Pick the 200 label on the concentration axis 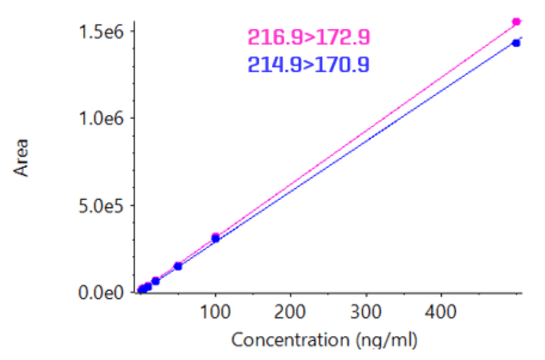pos(291,313)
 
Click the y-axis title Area pos(22,158)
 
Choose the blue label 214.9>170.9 pos(309,65)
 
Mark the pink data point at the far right pos(516,22)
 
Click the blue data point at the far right pos(516,43)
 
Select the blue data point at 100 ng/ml pos(215,239)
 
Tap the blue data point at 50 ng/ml pos(177,266)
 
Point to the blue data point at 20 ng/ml pos(156,281)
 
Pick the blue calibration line pos(363,144)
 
